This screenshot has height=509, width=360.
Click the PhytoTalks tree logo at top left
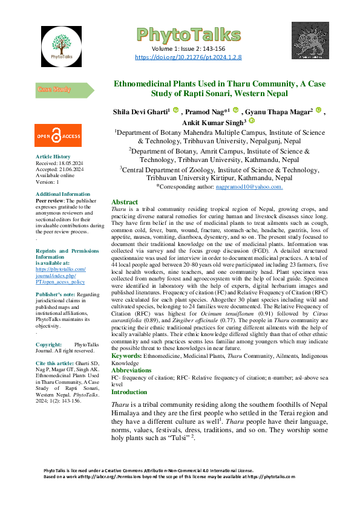[65, 44]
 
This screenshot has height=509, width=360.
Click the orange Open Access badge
[57, 136]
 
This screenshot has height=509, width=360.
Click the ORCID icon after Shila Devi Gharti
[176, 111]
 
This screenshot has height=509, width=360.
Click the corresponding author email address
[249, 187]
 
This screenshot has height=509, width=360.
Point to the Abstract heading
[125, 202]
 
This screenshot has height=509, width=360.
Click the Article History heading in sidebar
[53, 157]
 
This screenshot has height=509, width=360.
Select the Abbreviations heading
[131, 369]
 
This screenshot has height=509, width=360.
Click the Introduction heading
[129, 391]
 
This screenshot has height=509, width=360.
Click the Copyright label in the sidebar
[49, 344]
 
